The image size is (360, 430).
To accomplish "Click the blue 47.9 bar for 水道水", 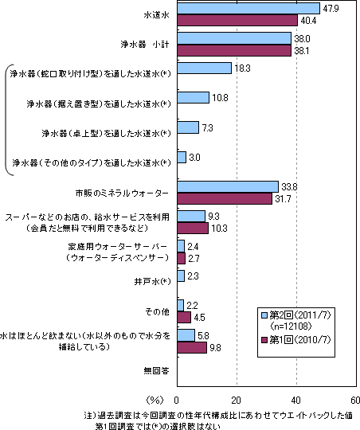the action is pos(248,9).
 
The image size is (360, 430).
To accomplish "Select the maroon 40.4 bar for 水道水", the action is pos(237,20).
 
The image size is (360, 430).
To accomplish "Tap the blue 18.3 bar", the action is pos(205,68).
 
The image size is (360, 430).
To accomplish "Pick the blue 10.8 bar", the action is pos(194,98).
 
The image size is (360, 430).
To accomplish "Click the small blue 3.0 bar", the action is pos(182,157).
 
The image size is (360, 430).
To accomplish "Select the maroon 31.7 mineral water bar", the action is pos(225,198).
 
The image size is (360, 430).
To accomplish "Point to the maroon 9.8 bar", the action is pos(192,347).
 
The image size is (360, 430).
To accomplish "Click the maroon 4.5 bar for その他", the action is pos(184,317).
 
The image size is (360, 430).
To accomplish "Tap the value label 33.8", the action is pos(289,187).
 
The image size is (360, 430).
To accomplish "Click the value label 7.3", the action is pos(207,127).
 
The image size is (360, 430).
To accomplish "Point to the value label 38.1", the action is pos(302,51).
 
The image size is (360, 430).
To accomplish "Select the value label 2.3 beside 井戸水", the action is pos(193,276).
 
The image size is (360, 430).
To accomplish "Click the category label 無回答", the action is pos(156,371).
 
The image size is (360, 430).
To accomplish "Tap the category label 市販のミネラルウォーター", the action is pos(122,193).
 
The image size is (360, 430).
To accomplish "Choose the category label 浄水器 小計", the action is pos(145,45).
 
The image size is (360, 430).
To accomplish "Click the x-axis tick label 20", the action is pos(237,401).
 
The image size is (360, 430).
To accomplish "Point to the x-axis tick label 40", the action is pos(296,401).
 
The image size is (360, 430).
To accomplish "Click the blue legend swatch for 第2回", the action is pos(264,315).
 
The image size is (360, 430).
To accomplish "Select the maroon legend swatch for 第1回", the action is pos(264,340).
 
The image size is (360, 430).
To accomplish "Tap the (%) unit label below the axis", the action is pos(155,401).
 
